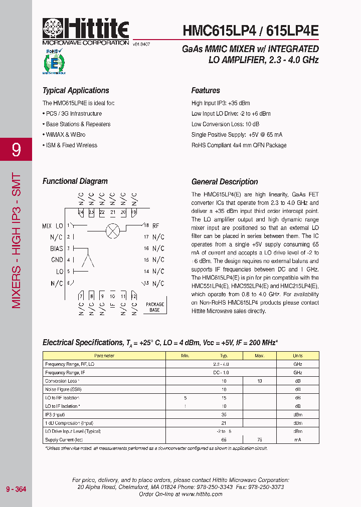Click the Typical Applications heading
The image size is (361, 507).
[x=76, y=91]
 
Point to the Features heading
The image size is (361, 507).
[x=206, y=91]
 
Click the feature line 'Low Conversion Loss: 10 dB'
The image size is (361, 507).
[x=225, y=124]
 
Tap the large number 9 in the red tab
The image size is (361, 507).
[x=16, y=150]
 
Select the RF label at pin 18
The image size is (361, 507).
[x=155, y=226]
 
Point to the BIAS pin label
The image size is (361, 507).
[x=57, y=248]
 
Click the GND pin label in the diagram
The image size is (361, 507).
[x=57, y=260]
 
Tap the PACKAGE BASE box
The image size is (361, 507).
[x=154, y=307]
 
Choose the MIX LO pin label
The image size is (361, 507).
[x=53, y=226]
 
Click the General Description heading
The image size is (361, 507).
[x=225, y=182]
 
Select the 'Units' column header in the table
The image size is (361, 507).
[x=298, y=356]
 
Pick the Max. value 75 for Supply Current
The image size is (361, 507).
[x=259, y=439]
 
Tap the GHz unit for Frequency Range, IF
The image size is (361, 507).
[x=298, y=373]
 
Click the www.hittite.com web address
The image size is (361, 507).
[x=202, y=494]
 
